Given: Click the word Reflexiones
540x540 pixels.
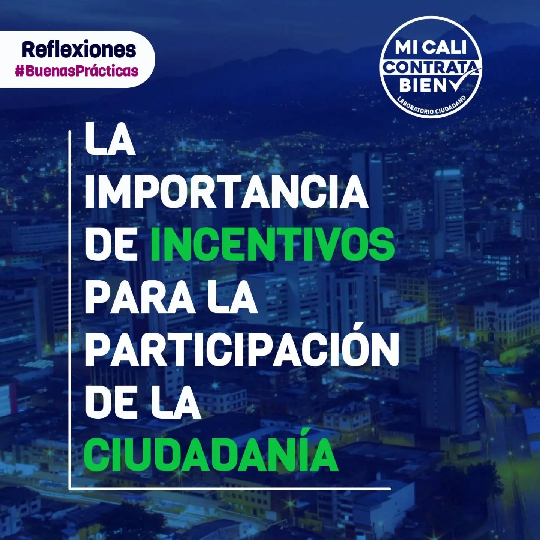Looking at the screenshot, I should click(x=79, y=49).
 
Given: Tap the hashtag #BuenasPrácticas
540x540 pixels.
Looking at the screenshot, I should click(x=77, y=71).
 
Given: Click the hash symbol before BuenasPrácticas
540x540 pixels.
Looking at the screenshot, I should click(x=19, y=71).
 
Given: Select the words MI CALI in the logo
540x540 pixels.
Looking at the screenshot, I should click(x=430, y=48).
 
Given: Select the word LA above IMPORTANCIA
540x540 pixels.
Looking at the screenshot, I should click(x=110, y=139).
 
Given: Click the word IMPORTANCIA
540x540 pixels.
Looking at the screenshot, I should click(x=226, y=192).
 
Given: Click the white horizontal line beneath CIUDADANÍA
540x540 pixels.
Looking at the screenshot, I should click(x=229, y=489).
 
